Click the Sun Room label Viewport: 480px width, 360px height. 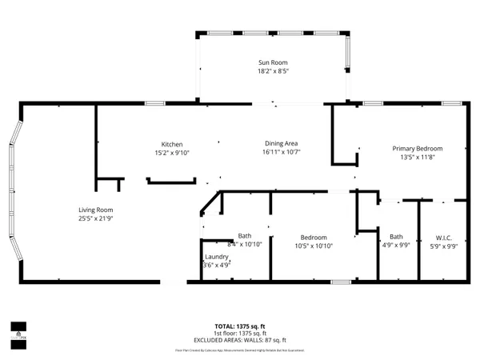(273, 62)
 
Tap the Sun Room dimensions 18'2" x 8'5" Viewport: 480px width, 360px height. (273, 71)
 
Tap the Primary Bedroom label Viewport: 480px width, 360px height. (417, 148)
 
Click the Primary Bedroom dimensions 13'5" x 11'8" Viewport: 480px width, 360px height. (417, 157)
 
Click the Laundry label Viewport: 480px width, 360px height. (216, 257)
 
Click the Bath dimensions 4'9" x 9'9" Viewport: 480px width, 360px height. (396, 246)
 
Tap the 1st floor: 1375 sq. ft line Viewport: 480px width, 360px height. (239, 334)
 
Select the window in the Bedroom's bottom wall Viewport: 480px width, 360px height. (341, 282)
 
